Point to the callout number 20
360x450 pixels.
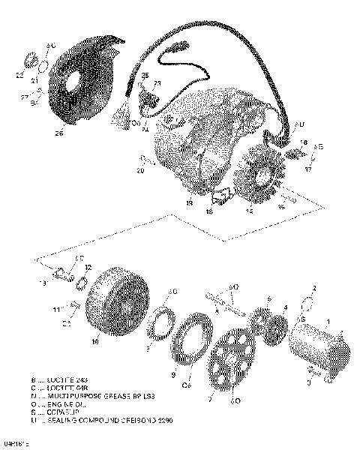coord(140,170)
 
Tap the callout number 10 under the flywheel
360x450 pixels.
coord(94,341)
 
